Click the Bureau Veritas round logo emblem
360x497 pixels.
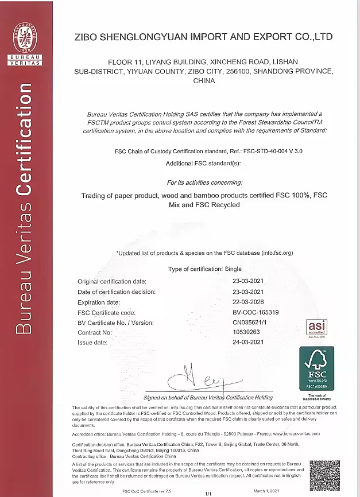[25, 36]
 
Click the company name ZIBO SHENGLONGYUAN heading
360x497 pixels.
[203, 37]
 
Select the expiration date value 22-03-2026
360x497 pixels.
[247, 302]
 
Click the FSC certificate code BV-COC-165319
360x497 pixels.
[256, 312]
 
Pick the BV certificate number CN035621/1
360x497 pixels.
[251, 323]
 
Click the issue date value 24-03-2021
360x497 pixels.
[247, 342]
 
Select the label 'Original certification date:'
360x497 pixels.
[112, 281]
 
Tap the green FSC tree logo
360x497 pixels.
[317, 368]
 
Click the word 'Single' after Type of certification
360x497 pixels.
[233, 269]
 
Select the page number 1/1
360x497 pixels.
[208, 493]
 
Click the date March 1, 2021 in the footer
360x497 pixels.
[266, 491]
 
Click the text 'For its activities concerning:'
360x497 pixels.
[204, 183]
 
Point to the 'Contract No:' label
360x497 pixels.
[95, 332]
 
